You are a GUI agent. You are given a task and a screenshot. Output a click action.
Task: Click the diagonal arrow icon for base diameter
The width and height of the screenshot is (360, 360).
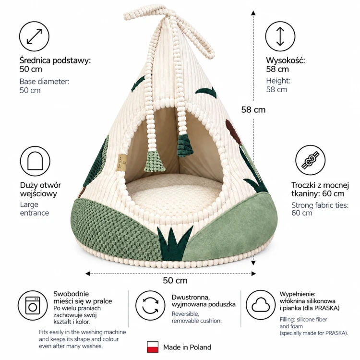[x=34, y=36]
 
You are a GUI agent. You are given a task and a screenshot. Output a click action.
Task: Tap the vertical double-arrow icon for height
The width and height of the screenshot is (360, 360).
[x=280, y=36]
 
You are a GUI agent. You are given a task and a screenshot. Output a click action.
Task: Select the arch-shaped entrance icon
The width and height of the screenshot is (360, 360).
[x=35, y=161]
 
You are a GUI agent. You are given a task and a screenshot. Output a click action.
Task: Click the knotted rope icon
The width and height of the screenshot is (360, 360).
[x=310, y=160]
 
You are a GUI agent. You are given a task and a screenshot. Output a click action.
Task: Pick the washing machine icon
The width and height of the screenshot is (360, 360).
[x=33, y=305]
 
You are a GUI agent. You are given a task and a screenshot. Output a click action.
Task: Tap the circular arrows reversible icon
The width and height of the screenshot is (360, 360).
[x=150, y=305]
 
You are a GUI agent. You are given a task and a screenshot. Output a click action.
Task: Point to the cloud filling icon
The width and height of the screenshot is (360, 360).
[x=261, y=305]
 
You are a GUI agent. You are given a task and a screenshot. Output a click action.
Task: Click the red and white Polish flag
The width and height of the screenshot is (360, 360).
[x=153, y=347]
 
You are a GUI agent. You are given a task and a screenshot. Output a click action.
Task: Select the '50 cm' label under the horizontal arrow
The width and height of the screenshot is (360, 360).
[x=175, y=280]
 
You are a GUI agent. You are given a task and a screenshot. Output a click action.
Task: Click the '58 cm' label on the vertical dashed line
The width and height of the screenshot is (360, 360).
[x=253, y=110]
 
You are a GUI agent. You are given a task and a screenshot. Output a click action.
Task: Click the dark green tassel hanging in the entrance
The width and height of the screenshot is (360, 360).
[x=185, y=146]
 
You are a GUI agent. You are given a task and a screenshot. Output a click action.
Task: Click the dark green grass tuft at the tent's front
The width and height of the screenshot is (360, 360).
[x=175, y=243]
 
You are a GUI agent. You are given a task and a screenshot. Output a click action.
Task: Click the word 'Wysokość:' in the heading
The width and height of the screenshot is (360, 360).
[x=286, y=60]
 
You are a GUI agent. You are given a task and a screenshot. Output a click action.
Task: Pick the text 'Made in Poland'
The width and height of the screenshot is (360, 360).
[x=187, y=347]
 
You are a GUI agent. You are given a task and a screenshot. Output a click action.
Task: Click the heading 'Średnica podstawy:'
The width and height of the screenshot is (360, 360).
[x=55, y=60]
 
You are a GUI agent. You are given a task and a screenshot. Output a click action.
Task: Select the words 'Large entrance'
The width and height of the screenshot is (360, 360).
[x=35, y=208]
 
